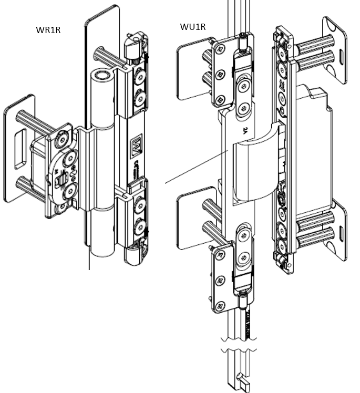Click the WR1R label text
(47, 29)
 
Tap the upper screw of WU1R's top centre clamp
(242, 87)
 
